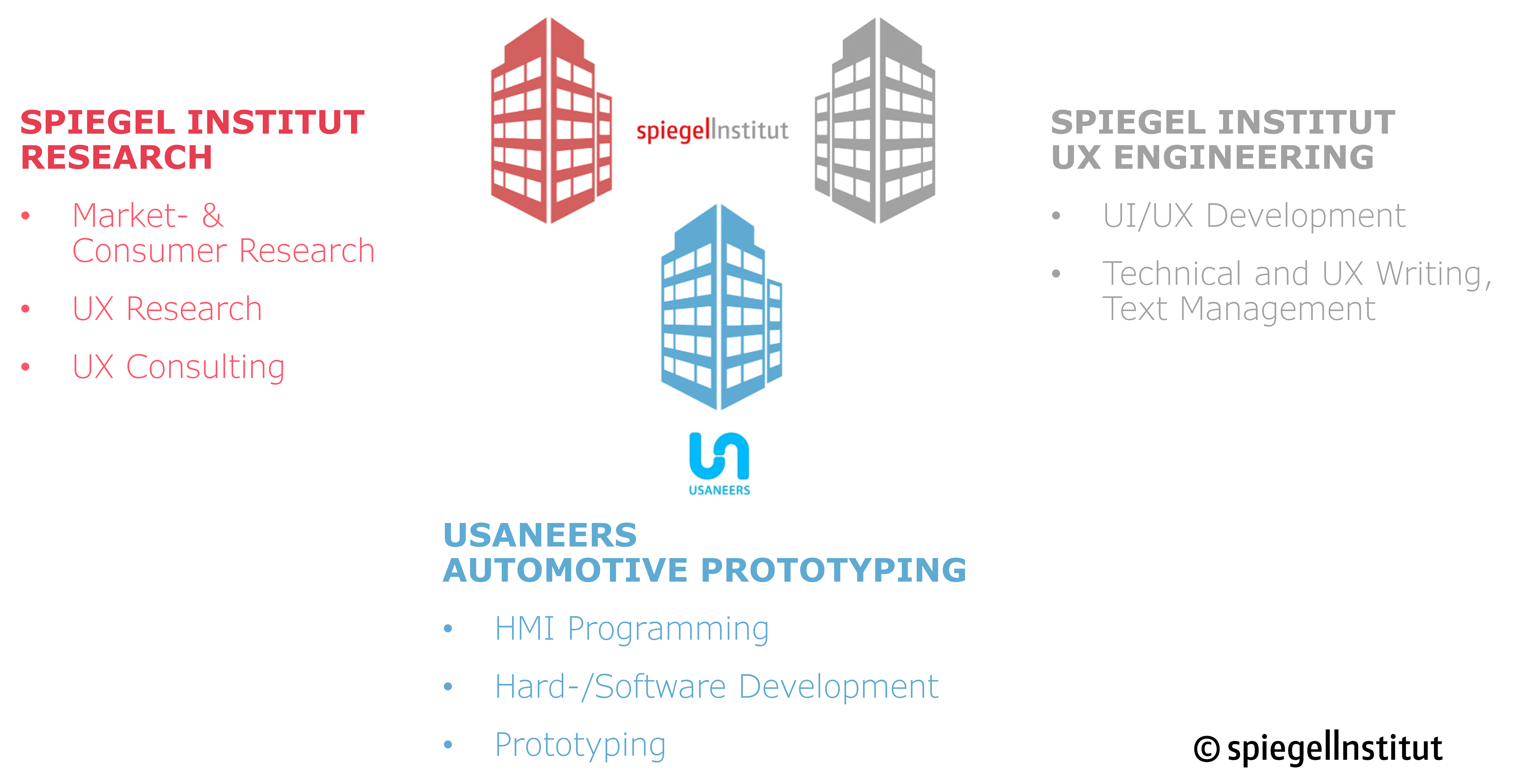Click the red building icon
551,121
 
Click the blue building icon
721,308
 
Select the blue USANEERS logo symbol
719,456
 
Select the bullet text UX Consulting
178,367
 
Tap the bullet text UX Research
167,309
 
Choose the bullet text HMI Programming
631,628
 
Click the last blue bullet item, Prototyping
580,745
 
